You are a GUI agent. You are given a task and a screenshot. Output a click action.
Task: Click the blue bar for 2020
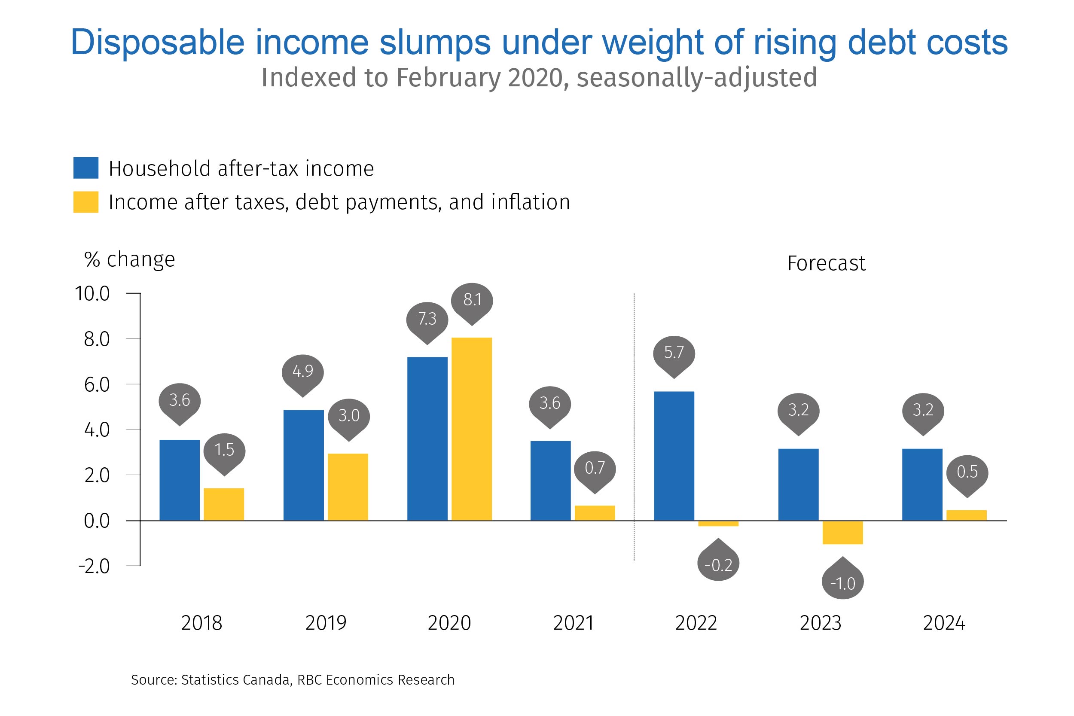[427, 439]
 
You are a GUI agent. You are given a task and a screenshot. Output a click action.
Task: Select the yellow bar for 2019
[348, 487]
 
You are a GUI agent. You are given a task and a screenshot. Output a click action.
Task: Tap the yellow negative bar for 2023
[842, 533]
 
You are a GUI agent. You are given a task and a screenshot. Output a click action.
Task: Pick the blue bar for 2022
[674, 456]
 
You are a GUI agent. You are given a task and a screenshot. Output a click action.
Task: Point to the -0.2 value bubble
[718, 564]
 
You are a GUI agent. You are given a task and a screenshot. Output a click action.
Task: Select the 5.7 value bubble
[674, 353]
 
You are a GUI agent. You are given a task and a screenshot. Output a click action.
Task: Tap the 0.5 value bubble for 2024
[967, 472]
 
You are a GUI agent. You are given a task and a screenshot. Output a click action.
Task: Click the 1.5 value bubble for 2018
[224, 450]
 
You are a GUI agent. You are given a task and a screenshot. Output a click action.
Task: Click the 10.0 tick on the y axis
[92, 294]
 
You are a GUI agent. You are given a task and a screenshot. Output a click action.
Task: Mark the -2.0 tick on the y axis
[94, 566]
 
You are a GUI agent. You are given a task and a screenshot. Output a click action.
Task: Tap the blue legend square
[86, 168]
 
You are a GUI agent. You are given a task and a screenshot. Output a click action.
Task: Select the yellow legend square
[86, 202]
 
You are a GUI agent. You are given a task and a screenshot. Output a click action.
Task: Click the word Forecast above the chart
[826, 263]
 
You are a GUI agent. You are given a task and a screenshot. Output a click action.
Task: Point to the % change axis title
[130, 259]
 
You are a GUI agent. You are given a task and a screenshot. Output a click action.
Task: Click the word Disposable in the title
[158, 43]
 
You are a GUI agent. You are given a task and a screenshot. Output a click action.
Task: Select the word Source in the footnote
[154, 680]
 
